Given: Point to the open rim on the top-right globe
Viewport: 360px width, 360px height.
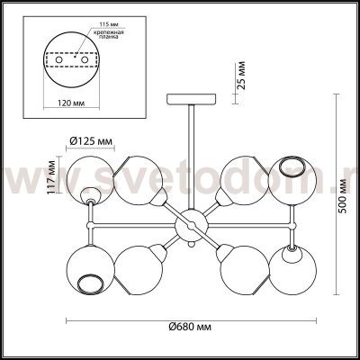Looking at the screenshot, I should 293,167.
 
